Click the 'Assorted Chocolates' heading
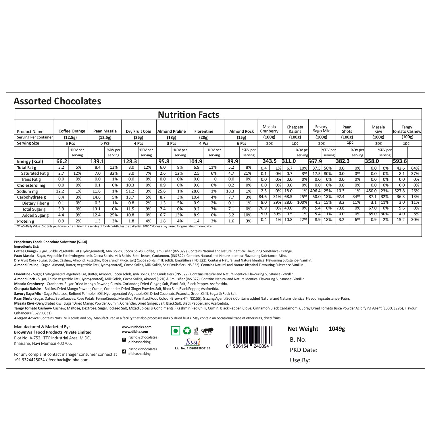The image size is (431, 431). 57,101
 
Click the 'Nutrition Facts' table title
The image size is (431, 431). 188,115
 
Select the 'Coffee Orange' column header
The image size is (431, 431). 72,131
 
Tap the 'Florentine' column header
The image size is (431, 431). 204,131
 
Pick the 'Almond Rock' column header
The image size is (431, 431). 241,131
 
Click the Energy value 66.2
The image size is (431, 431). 61,161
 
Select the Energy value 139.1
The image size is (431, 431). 97,161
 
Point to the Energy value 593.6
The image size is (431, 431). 400,161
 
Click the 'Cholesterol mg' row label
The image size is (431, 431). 31,185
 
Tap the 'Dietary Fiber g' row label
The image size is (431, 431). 36,203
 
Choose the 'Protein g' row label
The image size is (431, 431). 26,221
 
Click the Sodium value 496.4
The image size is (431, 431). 315,191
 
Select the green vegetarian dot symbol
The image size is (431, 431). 175,331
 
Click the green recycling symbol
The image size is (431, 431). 187,331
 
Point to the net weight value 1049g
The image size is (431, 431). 336,329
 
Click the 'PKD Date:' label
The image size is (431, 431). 303,350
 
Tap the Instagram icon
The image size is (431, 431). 124,340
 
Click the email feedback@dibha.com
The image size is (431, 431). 68,360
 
